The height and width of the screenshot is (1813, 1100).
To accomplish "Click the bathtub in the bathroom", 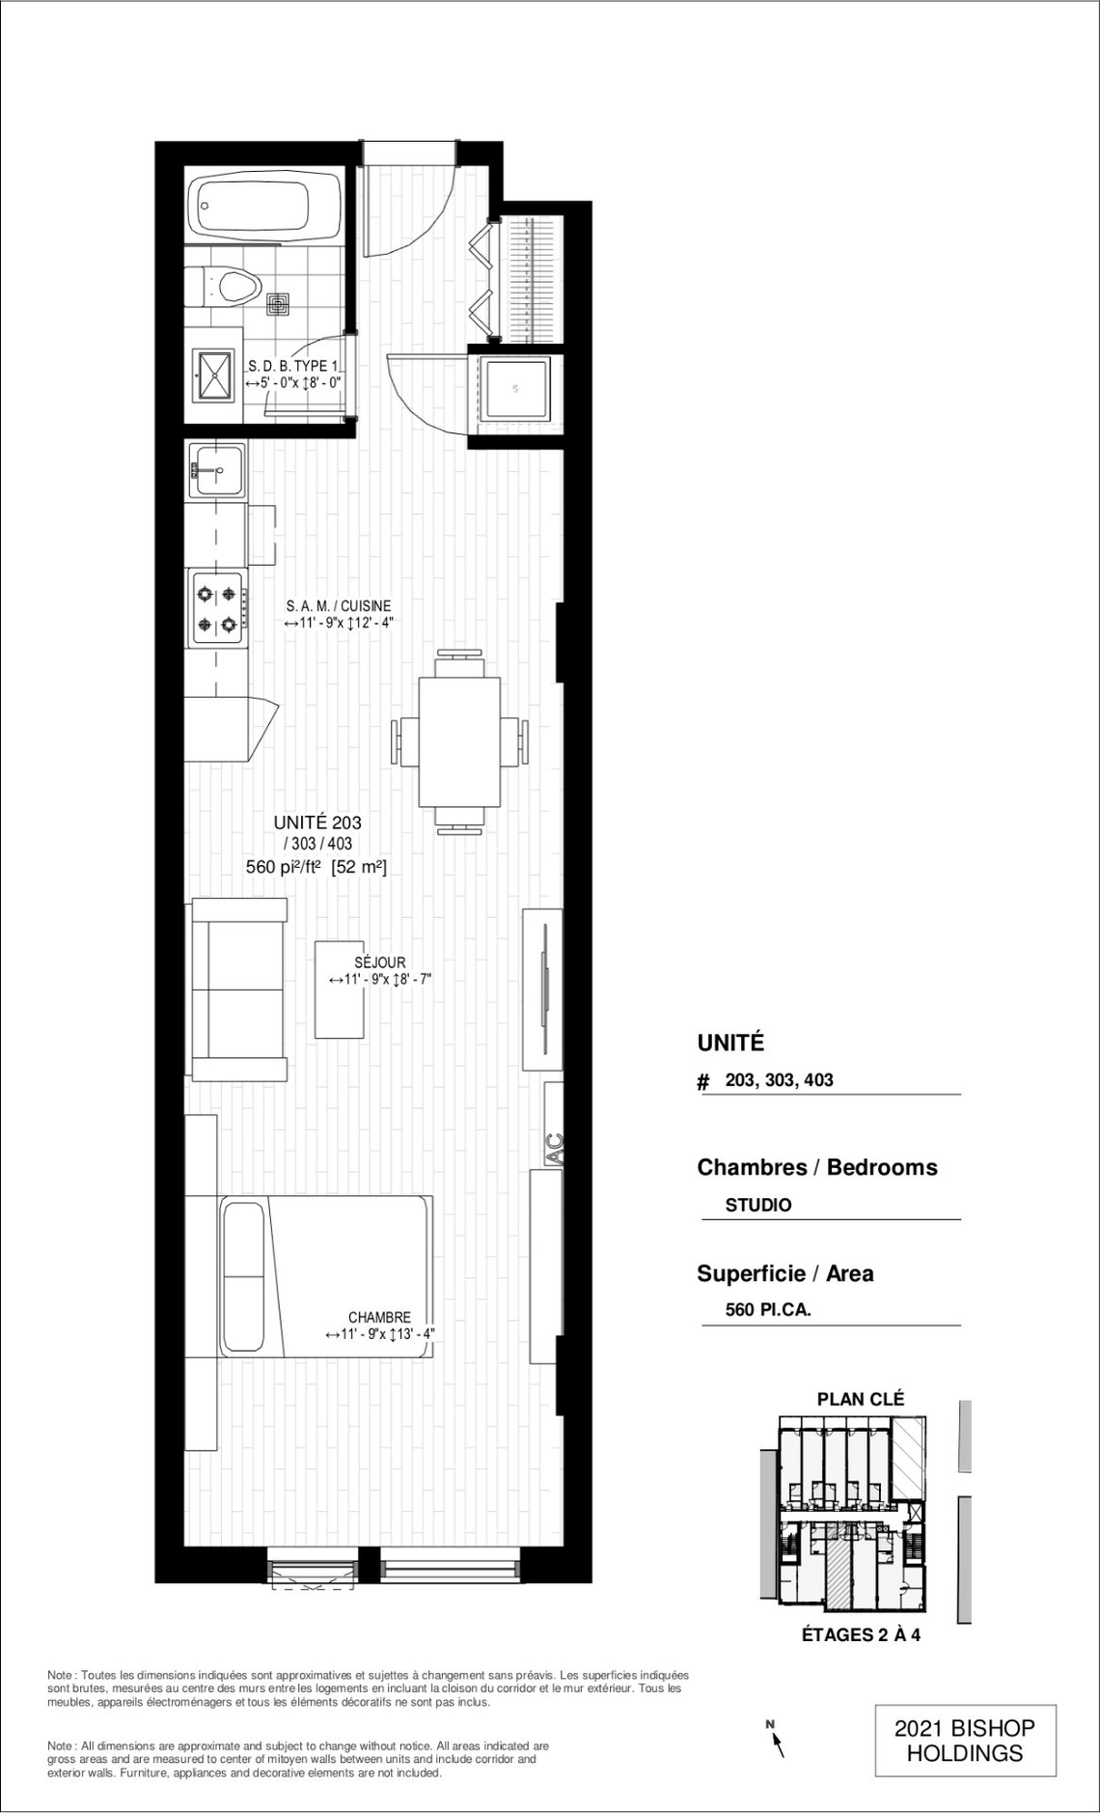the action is click(x=263, y=206).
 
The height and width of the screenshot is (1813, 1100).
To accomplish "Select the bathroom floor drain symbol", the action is click(x=279, y=304).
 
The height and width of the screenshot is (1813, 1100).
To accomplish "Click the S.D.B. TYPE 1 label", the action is click(x=293, y=367).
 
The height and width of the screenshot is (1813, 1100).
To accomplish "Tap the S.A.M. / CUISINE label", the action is click(x=339, y=605).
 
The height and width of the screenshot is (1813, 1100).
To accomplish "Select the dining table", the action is click(x=459, y=741).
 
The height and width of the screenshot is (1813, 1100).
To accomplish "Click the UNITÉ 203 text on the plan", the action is click(x=317, y=823).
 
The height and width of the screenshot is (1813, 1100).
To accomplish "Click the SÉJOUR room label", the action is click(x=380, y=962).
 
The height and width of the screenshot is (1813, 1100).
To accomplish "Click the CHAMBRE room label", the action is click(x=380, y=1318).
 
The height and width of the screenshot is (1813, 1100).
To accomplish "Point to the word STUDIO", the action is click(x=758, y=1205).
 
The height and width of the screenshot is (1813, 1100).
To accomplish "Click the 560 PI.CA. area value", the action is click(x=768, y=1310).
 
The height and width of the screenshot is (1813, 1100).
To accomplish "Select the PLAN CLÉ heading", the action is click(x=861, y=1399).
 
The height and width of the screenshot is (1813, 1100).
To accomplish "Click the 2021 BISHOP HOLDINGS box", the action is click(x=965, y=1742).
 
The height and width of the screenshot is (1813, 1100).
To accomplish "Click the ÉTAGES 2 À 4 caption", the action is click(x=861, y=1635).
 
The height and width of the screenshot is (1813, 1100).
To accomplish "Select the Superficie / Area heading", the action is click(x=785, y=1273).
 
